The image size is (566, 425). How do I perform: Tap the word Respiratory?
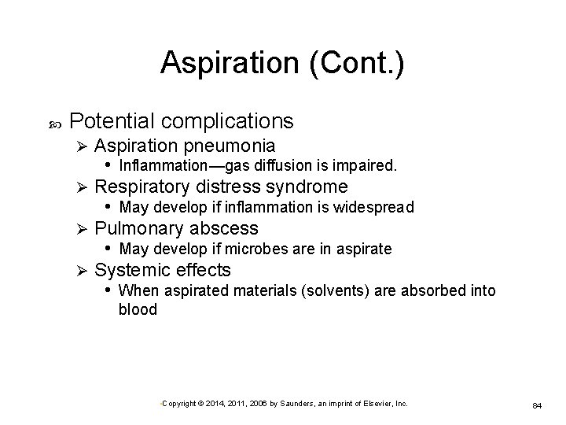click(142, 187)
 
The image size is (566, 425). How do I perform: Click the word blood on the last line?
click(138, 309)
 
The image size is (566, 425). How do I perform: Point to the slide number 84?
click(538, 405)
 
